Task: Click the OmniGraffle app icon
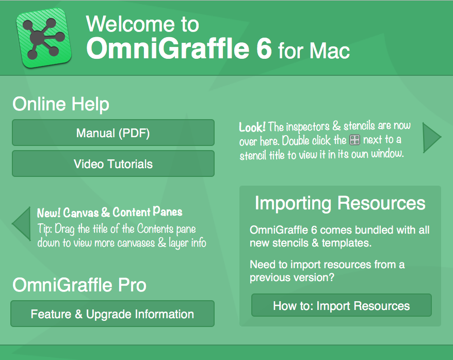click(x=43, y=38)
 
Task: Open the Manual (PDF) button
click(x=113, y=133)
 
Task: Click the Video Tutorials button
click(x=113, y=163)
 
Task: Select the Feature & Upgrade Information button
click(x=112, y=314)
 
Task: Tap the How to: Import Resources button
click(x=342, y=305)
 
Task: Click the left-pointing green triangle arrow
click(x=21, y=223)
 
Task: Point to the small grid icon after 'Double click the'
click(x=354, y=140)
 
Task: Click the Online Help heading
click(x=61, y=104)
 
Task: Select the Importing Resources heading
click(x=340, y=203)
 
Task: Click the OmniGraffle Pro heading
click(x=79, y=285)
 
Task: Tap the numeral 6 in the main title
click(x=264, y=48)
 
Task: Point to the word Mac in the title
click(x=329, y=51)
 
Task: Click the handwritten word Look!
click(x=252, y=127)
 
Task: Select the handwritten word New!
click(x=48, y=213)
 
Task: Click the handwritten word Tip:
click(x=44, y=229)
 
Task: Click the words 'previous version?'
click(x=292, y=277)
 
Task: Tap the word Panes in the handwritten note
click(x=167, y=211)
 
